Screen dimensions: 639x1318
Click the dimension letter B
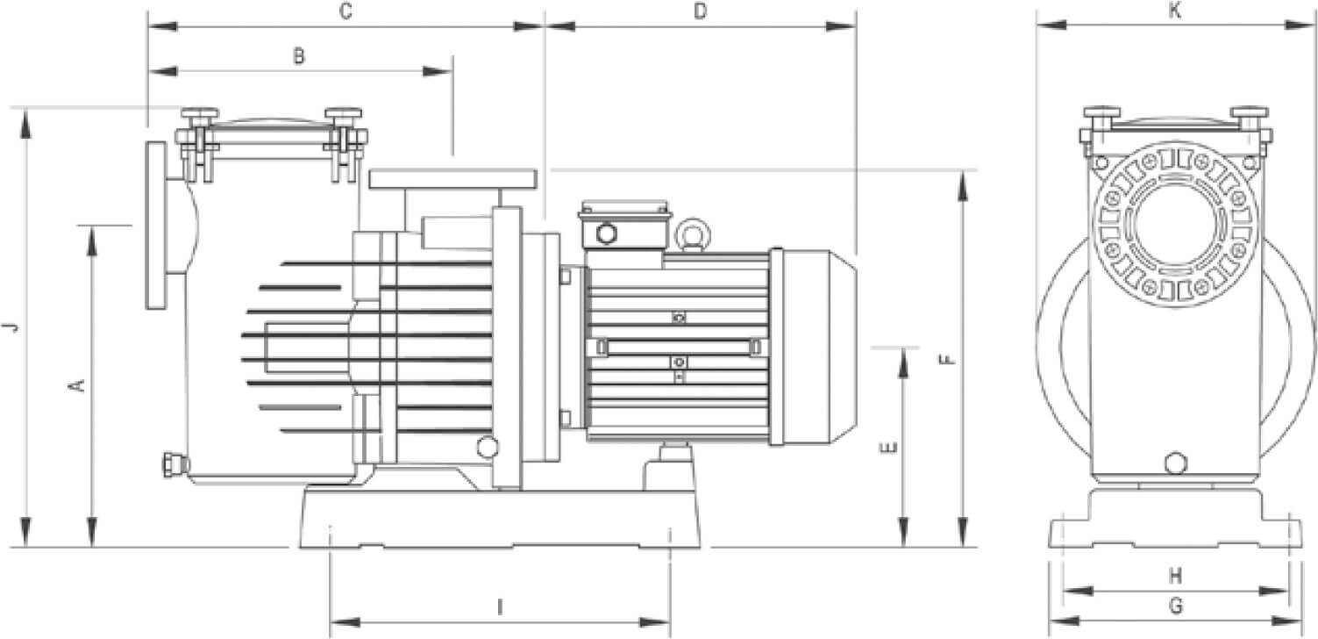pyautogui.click(x=299, y=56)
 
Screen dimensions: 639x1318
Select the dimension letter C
pyautogui.click(x=346, y=11)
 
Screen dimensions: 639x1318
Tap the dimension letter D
pyautogui.click(x=700, y=11)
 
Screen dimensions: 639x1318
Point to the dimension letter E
pyautogui.click(x=889, y=448)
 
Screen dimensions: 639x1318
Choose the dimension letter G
pyautogui.click(x=1176, y=606)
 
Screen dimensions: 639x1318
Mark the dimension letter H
pyautogui.click(x=1176, y=576)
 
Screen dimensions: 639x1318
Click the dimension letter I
pyautogui.click(x=500, y=607)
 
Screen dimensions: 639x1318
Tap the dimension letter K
pyautogui.click(x=1175, y=11)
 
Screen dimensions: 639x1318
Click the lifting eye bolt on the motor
pyautogui.click(x=692, y=233)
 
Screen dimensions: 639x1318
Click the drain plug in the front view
pyautogui.click(x=1175, y=463)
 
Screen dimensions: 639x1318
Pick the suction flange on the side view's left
pyautogui.click(x=156, y=226)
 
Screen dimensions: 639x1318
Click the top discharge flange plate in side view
pyautogui.click(x=452, y=179)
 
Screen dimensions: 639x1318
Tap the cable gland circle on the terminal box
pyautogui.click(x=605, y=233)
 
